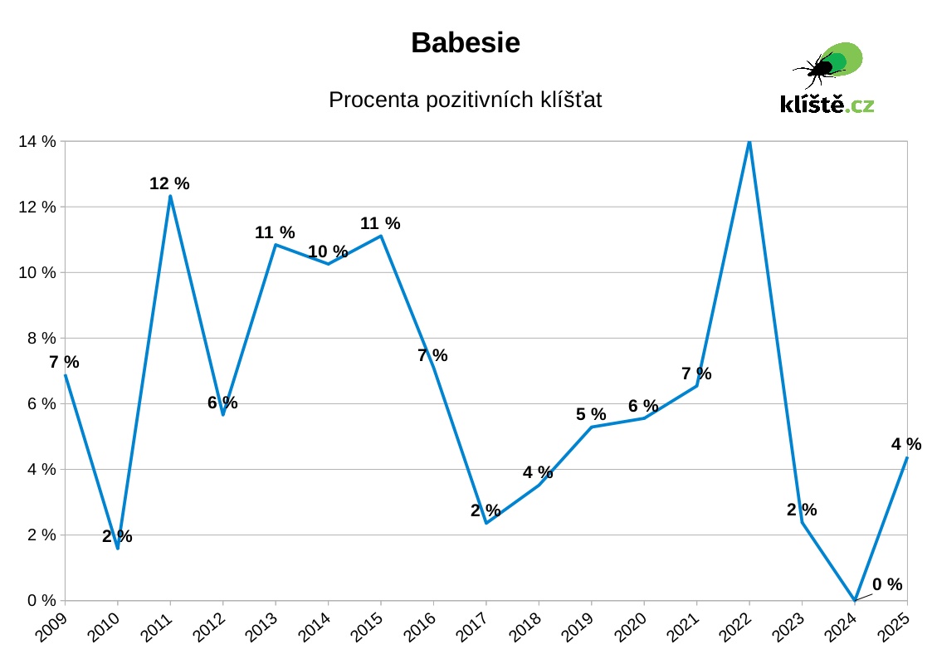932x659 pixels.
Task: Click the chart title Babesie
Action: click(466, 43)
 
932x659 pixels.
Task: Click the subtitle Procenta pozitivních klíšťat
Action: click(466, 100)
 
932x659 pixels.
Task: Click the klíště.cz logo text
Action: click(827, 105)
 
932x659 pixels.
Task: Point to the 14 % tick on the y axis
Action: click(37, 142)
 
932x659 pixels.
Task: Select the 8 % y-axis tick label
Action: click(37, 339)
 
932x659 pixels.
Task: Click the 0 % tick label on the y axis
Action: click(37, 601)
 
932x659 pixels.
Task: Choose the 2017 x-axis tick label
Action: click(473, 629)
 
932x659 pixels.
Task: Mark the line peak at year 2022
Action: click(749, 142)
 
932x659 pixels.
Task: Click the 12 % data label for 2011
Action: click(169, 183)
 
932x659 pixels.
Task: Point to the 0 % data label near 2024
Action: click(887, 584)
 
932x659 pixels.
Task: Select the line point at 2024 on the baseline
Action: click(855, 600)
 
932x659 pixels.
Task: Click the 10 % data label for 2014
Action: click(328, 251)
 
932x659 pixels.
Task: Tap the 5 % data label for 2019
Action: click(591, 414)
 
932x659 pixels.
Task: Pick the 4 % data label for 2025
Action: click(906, 444)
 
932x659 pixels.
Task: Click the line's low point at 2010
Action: click(118, 548)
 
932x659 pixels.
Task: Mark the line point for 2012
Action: click(223, 414)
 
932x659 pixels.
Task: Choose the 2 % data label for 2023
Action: click(802, 510)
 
